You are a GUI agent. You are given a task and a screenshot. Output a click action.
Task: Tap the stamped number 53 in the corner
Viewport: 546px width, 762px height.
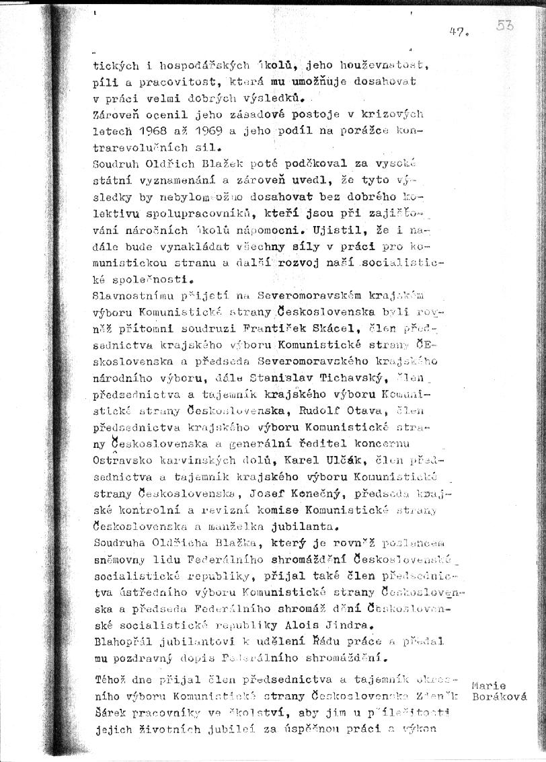click(x=506, y=26)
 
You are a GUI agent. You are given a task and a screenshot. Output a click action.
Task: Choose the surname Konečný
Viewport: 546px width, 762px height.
click(x=314, y=494)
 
